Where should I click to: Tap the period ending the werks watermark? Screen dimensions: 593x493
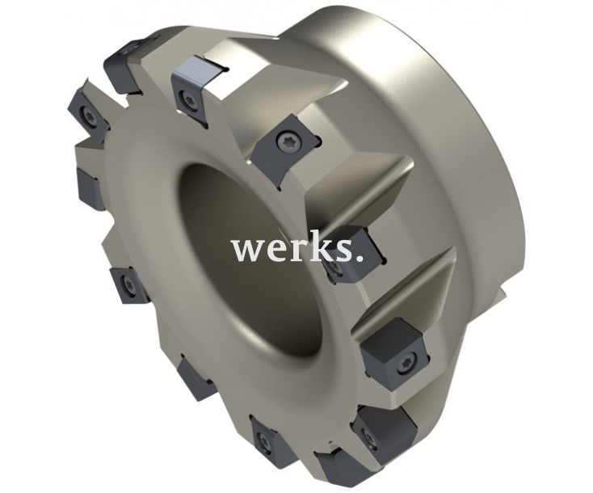point(359,258)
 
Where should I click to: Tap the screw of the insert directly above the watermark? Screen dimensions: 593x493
point(286,142)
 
